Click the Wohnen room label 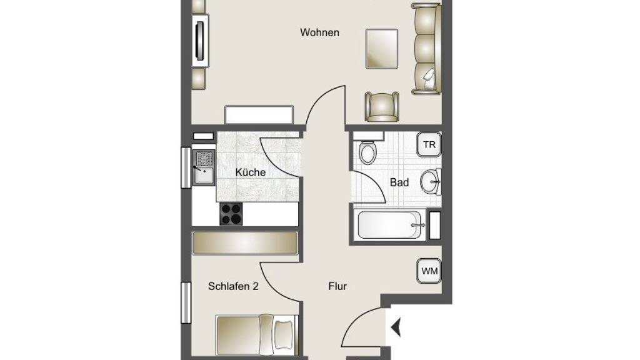(x=319, y=32)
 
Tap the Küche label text (x=250, y=172)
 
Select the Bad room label (x=399, y=182)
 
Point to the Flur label (x=337, y=286)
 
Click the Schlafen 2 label (x=233, y=286)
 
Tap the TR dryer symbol (x=429, y=144)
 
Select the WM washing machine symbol (x=429, y=271)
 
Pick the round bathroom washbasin (x=431, y=182)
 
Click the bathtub (x=389, y=224)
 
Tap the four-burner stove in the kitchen (x=231, y=214)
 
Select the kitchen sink (x=204, y=167)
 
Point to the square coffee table (x=382, y=49)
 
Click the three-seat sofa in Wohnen (x=426, y=49)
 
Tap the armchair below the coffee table (x=382, y=107)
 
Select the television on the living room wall (x=200, y=41)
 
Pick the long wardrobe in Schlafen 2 (x=245, y=243)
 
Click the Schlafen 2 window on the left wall (x=186, y=303)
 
